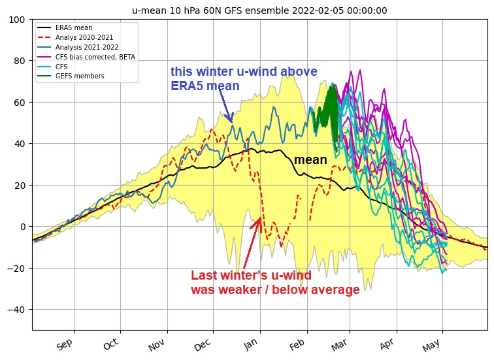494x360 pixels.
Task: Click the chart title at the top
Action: [259, 10]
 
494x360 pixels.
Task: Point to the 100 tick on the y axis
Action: [18, 20]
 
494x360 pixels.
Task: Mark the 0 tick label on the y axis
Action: [23, 227]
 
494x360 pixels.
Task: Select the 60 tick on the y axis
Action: [20, 103]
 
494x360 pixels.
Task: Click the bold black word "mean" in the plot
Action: [310, 160]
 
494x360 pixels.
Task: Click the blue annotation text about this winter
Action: [244, 79]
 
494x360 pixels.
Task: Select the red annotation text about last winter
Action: [274, 283]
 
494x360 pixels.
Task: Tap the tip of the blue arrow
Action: [231, 122]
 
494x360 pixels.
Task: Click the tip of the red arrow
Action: [260, 218]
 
